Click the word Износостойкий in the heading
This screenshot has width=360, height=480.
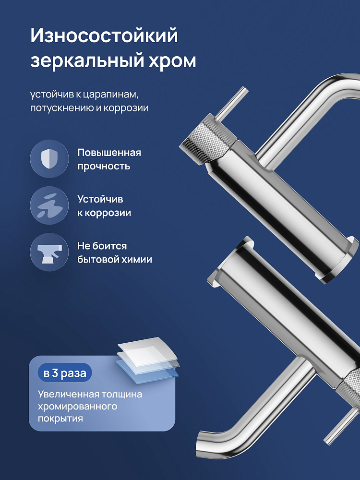pos(104,36)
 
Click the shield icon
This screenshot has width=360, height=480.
pos(49,158)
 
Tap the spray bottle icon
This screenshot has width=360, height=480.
pos(49,252)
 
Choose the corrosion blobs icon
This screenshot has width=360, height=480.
pos(49,206)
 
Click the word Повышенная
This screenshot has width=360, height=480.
pos(109,153)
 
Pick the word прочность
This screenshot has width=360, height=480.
pos(104,166)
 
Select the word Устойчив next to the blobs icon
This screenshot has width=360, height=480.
pos(100,199)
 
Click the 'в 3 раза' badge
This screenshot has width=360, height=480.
pos(65,373)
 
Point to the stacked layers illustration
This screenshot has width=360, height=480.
pos(147,360)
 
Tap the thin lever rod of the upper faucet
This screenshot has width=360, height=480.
pos(232,103)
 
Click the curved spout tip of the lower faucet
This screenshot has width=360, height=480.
pos(203,444)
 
